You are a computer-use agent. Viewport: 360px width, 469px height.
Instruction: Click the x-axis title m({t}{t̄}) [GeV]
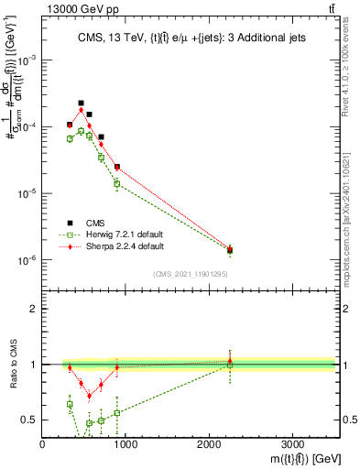click(293, 458)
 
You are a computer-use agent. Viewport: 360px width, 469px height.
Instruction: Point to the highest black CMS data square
click(81, 104)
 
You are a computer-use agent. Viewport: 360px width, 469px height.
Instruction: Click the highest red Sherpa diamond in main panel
click(81, 111)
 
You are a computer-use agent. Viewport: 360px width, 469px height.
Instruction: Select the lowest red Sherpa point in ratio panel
click(90, 396)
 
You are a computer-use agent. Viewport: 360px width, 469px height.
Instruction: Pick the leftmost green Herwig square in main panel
click(70, 138)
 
